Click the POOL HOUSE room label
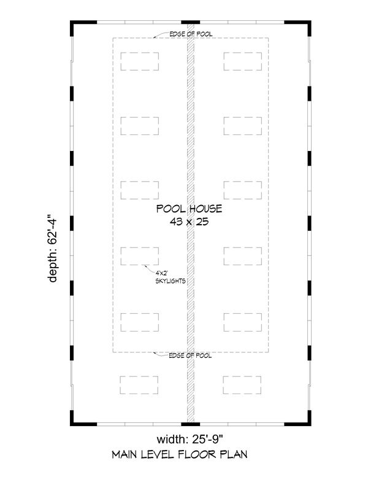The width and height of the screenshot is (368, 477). point(189,209)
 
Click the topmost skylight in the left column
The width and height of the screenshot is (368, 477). point(140,61)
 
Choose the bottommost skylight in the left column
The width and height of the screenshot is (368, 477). point(140,385)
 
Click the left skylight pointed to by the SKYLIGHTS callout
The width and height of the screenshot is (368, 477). point(140,255)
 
